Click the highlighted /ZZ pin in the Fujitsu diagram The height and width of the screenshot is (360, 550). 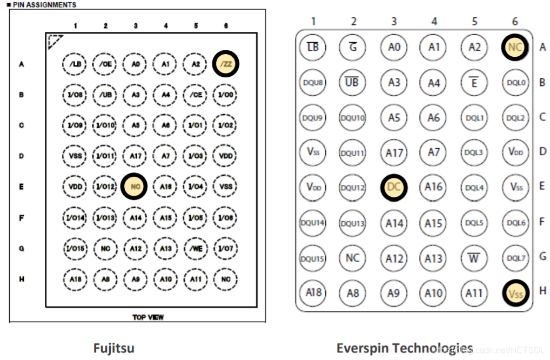pos(226,64)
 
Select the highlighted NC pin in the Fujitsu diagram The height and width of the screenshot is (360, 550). pos(136,186)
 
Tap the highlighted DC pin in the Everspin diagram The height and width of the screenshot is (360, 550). pos(394,187)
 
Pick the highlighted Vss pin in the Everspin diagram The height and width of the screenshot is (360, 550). pos(515,294)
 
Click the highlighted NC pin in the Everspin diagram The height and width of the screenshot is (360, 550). pos(515,47)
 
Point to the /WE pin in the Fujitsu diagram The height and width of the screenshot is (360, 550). pos(196,248)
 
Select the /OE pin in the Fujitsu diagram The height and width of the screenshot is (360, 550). pos(105,64)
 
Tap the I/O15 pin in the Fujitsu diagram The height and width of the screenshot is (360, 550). pos(75,248)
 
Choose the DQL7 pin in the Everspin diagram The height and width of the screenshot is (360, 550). pos(515,258)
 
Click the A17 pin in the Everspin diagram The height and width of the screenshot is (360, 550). pos(394,152)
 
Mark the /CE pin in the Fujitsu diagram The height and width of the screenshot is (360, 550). pos(196,95)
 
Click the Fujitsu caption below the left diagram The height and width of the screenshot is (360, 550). pos(113,348)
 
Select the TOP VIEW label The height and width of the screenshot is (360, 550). pos(148,317)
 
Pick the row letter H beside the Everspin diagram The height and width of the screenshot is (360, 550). pos(542,291)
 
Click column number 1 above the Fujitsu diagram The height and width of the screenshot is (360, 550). pos(76,25)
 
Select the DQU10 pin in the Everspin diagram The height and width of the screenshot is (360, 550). pos(352,117)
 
